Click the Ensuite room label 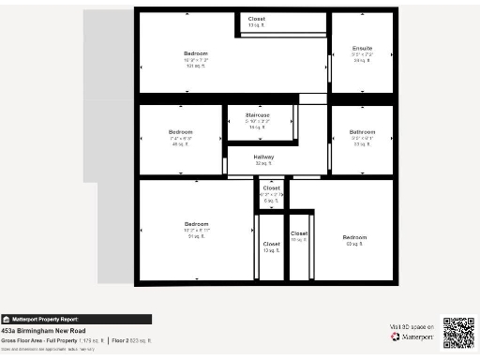[362, 48]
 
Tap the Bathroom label [362, 132]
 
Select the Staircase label [257, 115]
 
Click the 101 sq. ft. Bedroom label [195, 53]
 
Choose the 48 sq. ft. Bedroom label [181, 132]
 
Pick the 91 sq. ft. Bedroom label [196, 224]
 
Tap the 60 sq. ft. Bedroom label [354, 237]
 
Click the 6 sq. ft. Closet [271, 188]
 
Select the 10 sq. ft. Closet [299, 233]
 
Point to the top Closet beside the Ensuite [256, 19]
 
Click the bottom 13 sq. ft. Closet [270, 245]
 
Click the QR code [459, 333]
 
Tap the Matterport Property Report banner [76, 319]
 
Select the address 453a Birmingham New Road [42, 331]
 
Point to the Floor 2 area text [132, 340]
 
